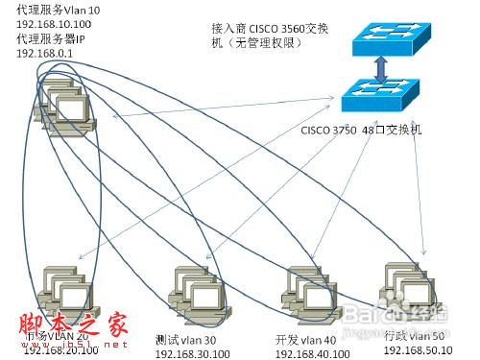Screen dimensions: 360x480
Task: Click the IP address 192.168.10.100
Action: [54, 23]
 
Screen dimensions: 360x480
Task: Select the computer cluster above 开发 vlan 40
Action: [306, 290]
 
